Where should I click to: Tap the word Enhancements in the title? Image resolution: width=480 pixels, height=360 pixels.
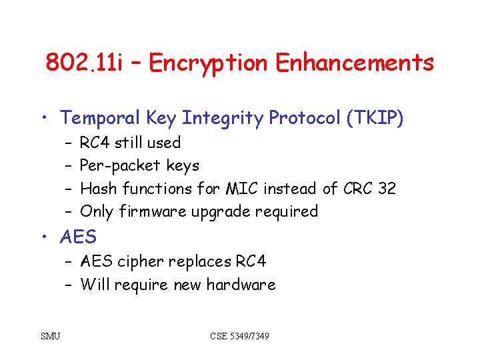pos(355,63)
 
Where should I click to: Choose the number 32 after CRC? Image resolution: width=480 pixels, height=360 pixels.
pos(386,189)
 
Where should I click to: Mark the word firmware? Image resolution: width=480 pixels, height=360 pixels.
pos(153,212)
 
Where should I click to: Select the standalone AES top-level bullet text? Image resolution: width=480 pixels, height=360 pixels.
pos(78,237)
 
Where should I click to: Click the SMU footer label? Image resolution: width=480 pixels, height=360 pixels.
pos(50,336)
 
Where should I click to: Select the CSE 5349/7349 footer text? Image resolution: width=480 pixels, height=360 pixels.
pos(239,336)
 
